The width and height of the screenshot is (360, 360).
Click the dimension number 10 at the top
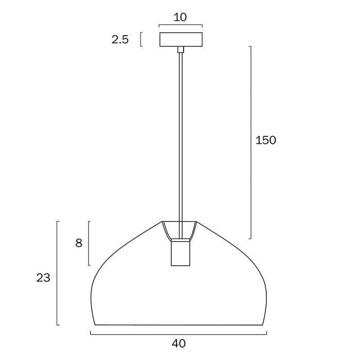(x=180, y=17)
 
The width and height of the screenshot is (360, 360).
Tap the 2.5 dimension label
(x=120, y=40)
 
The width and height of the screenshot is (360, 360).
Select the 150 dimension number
(x=266, y=140)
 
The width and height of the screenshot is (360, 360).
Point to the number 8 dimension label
(x=79, y=243)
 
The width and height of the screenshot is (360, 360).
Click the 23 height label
(x=43, y=278)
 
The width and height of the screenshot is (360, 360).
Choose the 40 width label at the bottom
(x=178, y=344)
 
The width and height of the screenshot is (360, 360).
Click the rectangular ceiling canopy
(x=181, y=40)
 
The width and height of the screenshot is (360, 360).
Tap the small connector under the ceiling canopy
(x=181, y=49)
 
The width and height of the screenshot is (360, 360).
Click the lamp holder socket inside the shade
(x=181, y=253)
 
